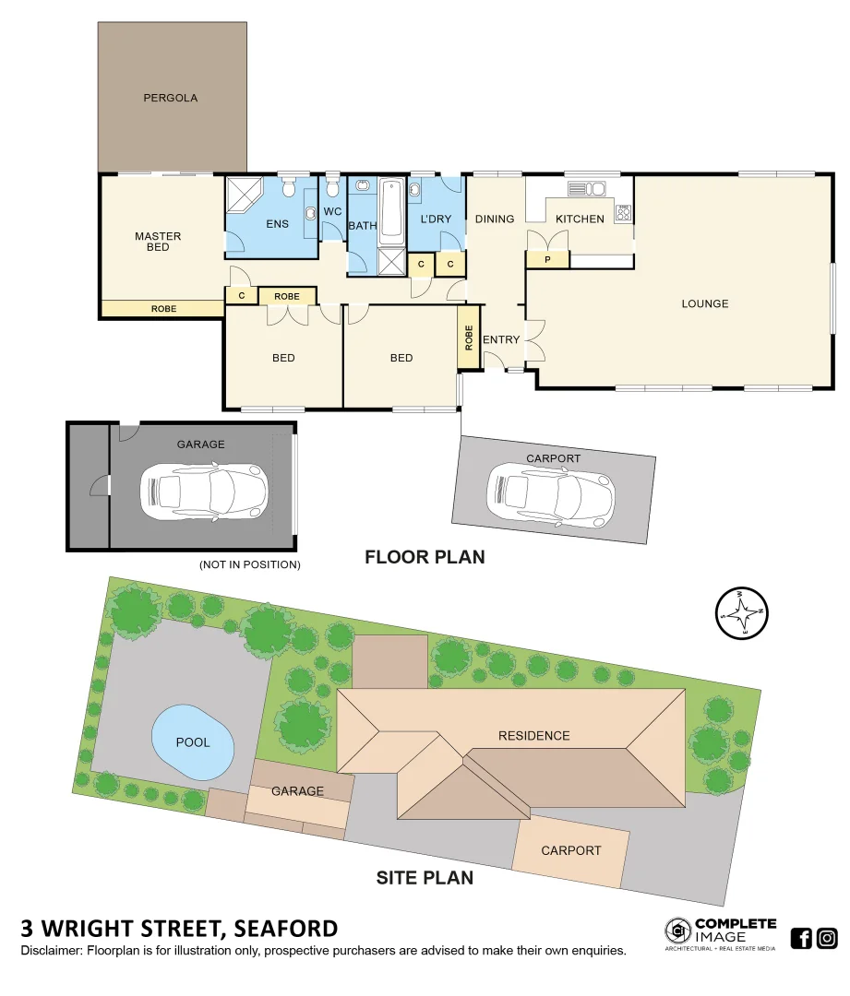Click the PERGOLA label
point(170,98)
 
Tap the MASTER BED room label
point(158,242)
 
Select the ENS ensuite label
point(277,224)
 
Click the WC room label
point(332,212)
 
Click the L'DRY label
point(435,219)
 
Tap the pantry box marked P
point(547,261)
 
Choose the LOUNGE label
point(704,303)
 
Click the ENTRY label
point(501,339)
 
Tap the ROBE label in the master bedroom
point(163,309)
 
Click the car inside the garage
point(203,490)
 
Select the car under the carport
point(551,496)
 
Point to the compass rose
point(742,612)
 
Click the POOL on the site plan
point(193,741)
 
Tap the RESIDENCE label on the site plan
point(533,735)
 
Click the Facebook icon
point(801,939)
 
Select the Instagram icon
point(827,939)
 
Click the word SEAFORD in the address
point(286,928)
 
